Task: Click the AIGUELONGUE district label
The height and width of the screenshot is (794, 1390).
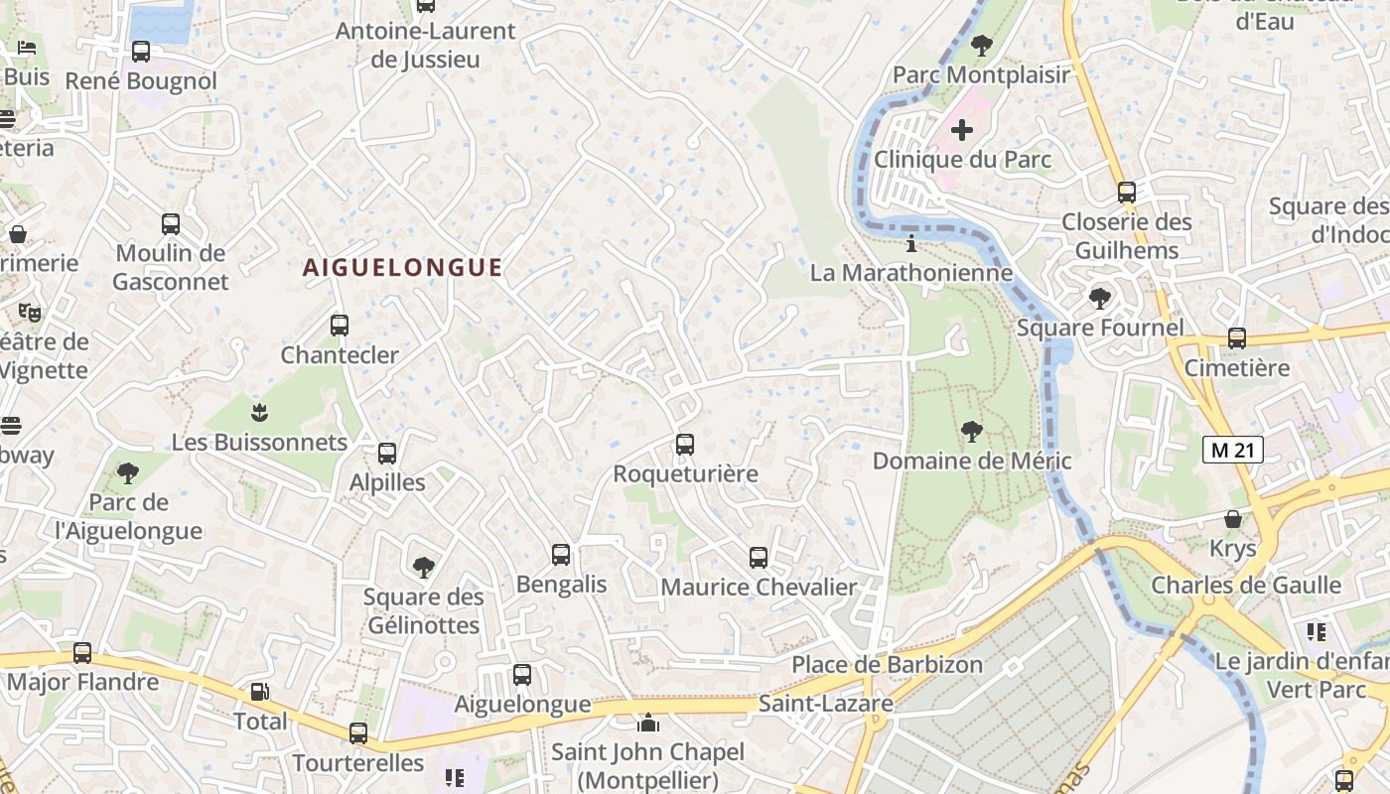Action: coord(402,267)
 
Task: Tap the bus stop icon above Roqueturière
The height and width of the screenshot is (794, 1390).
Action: coord(684,445)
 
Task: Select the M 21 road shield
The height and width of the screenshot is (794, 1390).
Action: coord(1232,450)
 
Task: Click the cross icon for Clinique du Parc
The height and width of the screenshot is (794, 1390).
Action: coord(961,130)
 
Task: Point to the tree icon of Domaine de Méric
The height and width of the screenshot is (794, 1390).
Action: coord(971,432)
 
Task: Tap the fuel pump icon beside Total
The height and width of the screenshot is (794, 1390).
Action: coord(259,692)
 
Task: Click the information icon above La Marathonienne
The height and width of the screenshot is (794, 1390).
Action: coord(911,243)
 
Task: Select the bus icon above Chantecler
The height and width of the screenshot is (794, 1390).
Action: coord(340,325)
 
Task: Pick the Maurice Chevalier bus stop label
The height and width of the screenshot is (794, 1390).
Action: coord(758,587)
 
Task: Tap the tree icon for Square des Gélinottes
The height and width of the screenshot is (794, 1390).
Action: coord(423,568)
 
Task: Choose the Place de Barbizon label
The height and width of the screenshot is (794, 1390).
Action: coord(887,664)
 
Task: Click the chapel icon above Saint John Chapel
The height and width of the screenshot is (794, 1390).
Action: coord(648,723)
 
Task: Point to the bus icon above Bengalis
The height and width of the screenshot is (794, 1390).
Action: coord(561,555)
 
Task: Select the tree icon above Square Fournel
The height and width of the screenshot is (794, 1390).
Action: coord(1099,298)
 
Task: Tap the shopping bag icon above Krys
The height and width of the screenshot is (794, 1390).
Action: coord(1232,519)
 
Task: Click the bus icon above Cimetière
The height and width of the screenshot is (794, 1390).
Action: coord(1236,338)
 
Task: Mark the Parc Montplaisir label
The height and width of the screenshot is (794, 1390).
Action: coord(981,74)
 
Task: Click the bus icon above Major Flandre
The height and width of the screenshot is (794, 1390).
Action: coord(82,653)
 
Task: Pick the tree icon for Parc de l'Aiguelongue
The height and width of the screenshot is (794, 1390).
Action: coord(128,472)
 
